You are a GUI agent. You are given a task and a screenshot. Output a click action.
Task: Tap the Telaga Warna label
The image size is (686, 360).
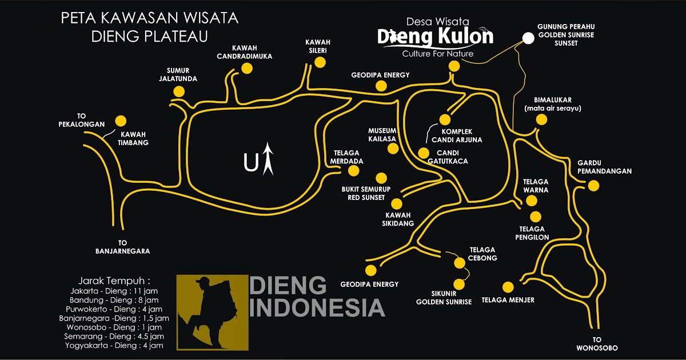tap(536, 186)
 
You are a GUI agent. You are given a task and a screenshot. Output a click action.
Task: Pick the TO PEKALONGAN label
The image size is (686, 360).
tap(82, 119)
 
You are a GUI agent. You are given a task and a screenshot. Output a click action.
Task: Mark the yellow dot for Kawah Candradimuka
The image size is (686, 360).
tap(247, 69)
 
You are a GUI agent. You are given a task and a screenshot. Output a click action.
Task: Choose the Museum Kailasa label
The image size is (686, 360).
tap(382, 135)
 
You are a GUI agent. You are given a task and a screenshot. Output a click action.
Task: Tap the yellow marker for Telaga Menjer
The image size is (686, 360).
tap(508, 287)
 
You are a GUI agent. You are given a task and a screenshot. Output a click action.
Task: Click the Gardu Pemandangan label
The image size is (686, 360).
tap(596, 167)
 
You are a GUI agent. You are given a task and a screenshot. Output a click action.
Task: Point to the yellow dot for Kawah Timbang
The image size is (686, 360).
tap(121, 121)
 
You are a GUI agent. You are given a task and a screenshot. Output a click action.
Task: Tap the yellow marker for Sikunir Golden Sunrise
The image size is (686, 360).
tap(458, 284)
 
